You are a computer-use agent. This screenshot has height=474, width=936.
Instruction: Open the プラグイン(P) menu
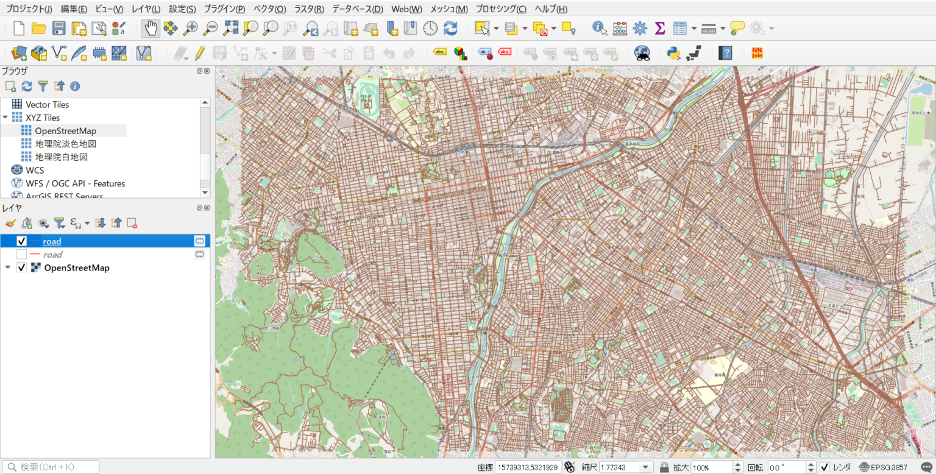224,9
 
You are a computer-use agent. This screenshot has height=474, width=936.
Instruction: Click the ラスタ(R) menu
309,9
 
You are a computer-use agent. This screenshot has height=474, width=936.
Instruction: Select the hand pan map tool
150,28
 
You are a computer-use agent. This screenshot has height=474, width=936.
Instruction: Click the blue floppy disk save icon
58,28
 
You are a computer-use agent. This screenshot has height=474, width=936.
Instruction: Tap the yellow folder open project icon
39,28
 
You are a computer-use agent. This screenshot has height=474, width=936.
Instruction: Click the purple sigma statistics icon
659,28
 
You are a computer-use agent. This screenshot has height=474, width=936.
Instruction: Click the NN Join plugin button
757,53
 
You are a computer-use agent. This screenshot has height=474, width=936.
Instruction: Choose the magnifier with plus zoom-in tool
191,28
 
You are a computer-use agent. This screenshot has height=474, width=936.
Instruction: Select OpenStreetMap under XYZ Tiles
65,130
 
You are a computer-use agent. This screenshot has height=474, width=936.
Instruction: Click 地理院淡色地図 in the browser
66,144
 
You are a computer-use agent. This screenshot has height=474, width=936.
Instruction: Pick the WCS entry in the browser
35,170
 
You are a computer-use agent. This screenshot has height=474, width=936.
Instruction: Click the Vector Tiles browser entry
47,104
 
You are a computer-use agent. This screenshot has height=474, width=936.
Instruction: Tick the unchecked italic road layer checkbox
21,255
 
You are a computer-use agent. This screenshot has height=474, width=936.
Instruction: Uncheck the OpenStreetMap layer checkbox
21,268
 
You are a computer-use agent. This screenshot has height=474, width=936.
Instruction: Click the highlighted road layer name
52,241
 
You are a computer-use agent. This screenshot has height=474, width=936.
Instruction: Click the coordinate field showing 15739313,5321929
528,467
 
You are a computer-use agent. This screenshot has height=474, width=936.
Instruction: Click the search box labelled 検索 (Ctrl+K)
52,467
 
